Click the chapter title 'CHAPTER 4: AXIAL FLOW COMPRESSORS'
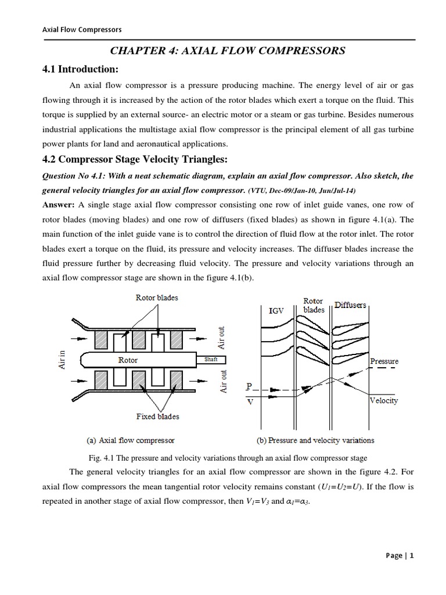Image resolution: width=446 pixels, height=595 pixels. click(224, 51)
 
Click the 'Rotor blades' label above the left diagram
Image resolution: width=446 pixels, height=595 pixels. click(157, 298)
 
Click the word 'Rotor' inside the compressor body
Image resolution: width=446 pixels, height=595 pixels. click(128, 360)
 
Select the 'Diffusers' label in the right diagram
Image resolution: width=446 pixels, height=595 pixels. click(351, 304)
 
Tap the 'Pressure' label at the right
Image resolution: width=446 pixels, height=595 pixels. click(384, 361)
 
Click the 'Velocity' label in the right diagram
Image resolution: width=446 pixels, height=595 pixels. click(384, 401)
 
